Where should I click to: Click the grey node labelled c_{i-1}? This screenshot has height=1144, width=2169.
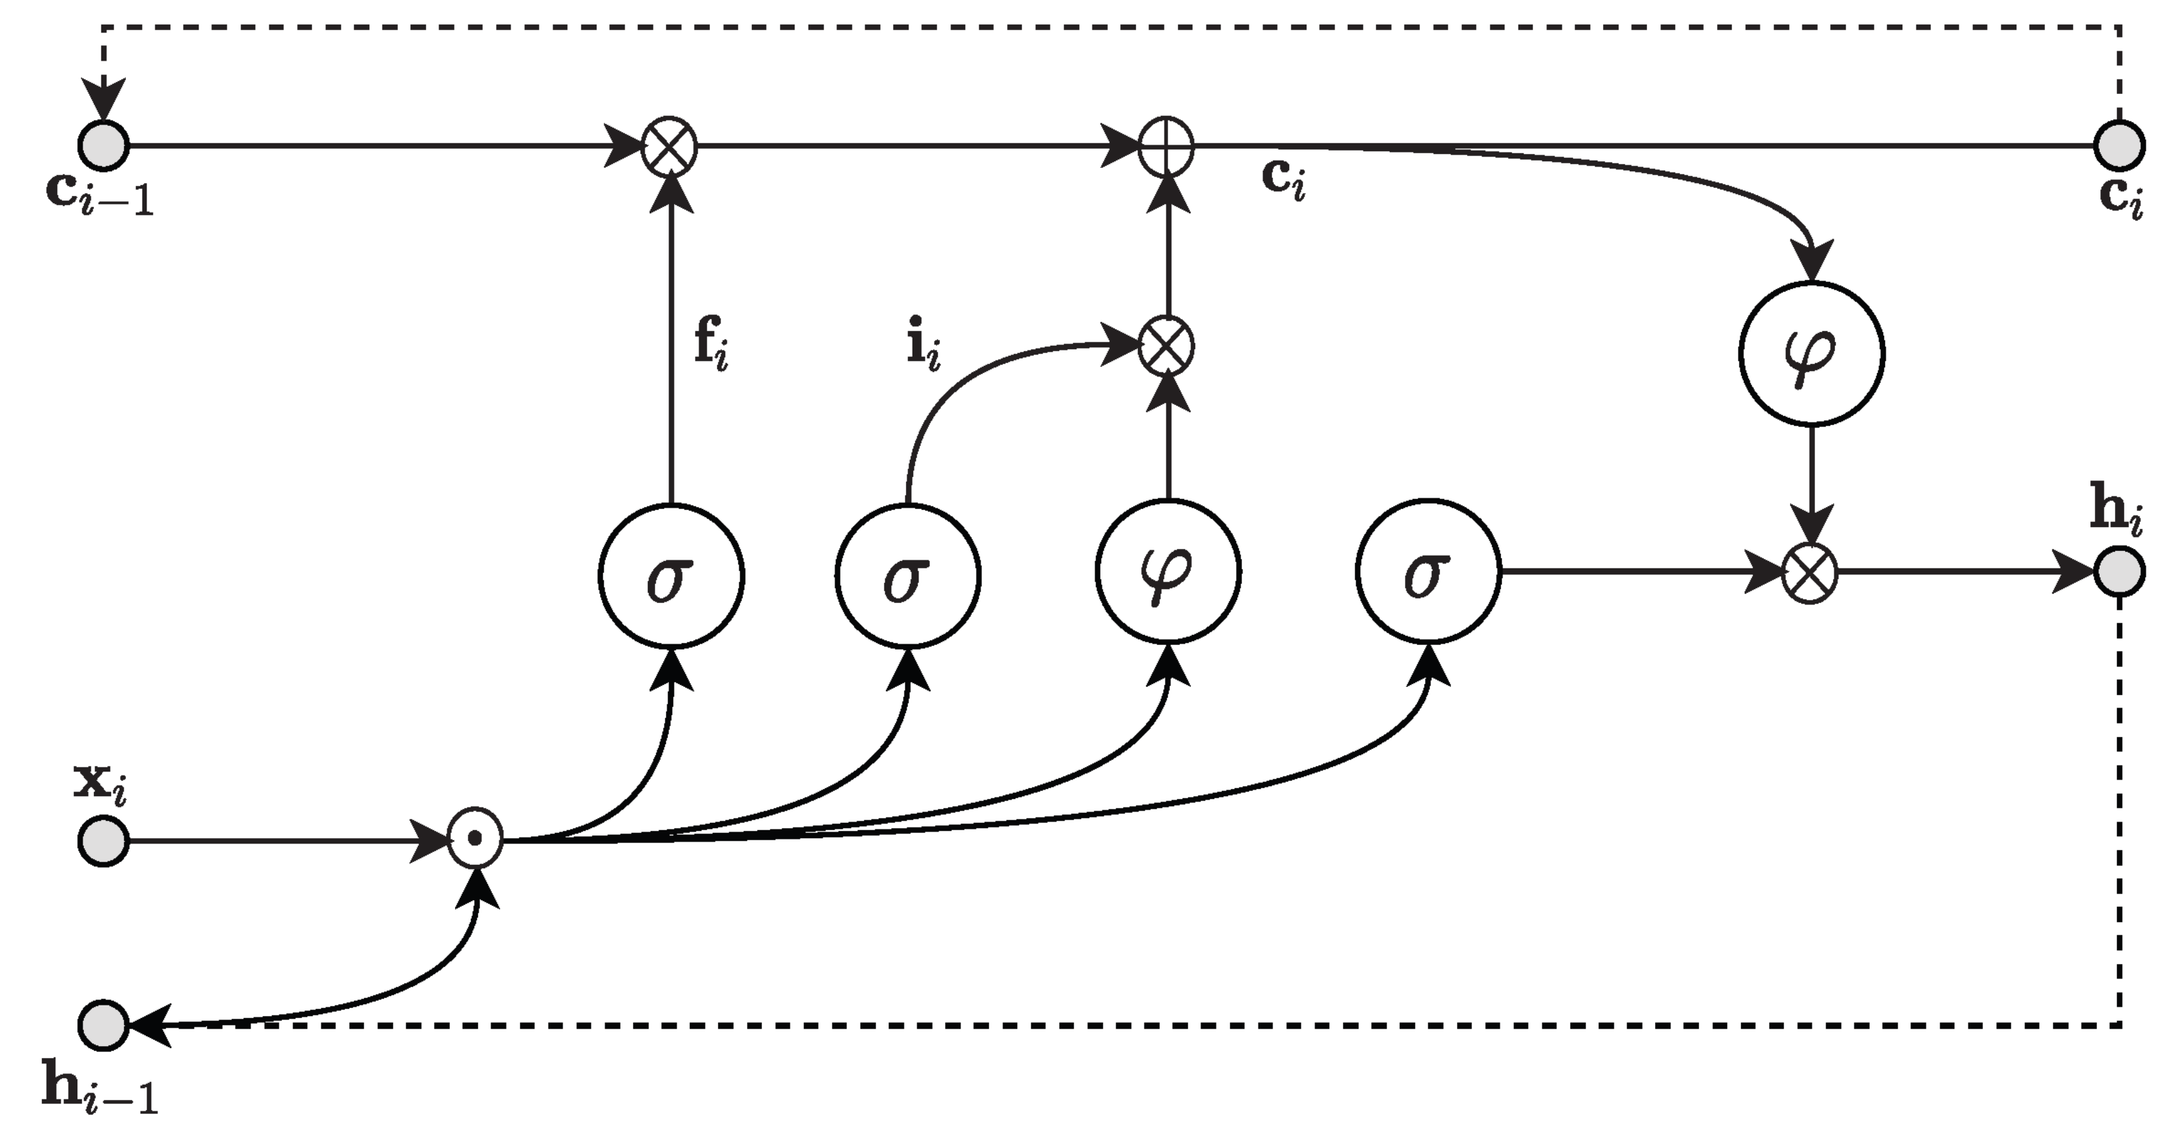pos(103,146)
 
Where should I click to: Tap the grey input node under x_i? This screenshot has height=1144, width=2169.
pos(103,840)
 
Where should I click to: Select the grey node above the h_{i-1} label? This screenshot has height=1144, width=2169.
pos(103,1025)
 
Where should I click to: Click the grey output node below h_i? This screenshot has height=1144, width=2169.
pos(2119,572)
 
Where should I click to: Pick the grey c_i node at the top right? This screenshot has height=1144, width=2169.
pos(2119,146)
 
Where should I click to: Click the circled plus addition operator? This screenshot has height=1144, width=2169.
pos(1166,147)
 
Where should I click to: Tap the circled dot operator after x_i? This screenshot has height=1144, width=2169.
pos(475,838)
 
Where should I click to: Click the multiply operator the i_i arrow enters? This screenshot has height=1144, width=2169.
pos(1166,346)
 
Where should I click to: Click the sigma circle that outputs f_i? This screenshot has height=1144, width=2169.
pos(671,576)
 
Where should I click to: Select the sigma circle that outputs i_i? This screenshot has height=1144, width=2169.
pos(908,576)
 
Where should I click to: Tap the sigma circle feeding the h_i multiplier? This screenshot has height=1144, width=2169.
pos(1428,572)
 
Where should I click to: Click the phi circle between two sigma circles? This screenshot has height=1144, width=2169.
pos(1168,572)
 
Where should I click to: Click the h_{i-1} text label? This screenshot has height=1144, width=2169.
pos(99,1090)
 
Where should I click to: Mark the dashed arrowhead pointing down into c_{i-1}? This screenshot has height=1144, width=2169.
pos(103,99)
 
